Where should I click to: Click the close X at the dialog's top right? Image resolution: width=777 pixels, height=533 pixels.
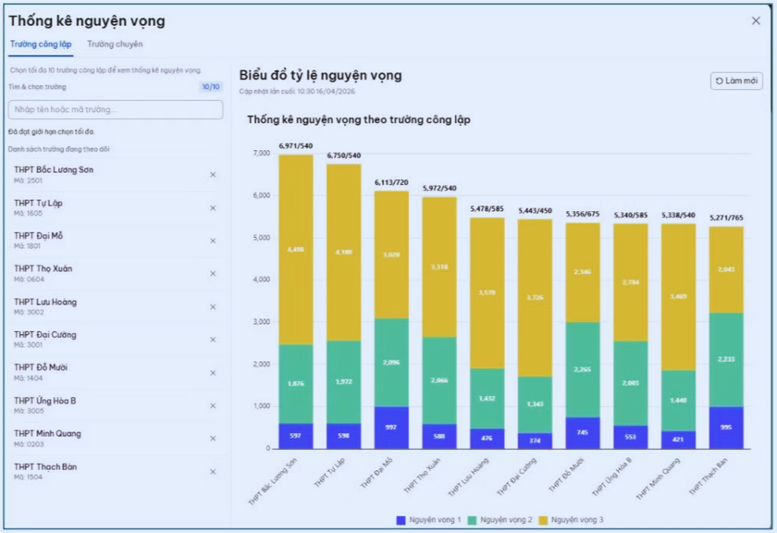point(756,20)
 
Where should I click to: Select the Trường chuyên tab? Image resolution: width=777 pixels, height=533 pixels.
point(115,43)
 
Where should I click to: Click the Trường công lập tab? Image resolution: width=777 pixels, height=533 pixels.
point(41,43)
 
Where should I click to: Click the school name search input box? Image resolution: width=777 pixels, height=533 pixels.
point(116,109)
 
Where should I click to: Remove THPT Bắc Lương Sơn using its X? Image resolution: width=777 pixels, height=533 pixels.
point(213,175)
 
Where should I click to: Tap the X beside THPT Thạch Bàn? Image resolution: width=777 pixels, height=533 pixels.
point(213,472)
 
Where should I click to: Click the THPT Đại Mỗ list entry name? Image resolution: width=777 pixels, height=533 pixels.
point(39,236)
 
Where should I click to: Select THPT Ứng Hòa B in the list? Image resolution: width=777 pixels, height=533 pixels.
point(45,401)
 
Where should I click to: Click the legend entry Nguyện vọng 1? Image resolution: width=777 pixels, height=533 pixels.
point(431,520)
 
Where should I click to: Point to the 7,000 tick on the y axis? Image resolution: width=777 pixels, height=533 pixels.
point(260,154)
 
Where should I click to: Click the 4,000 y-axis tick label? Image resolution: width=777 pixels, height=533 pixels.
point(260,279)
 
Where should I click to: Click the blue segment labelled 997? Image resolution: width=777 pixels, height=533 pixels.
point(391,428)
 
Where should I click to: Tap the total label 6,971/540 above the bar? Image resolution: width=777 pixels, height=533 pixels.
point(295,146)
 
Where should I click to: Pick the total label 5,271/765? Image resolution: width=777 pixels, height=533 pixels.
point(726,218)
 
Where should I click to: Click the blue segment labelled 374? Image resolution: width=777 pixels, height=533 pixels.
point(535,440)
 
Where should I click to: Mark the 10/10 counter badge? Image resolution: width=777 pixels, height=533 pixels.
point(211,87)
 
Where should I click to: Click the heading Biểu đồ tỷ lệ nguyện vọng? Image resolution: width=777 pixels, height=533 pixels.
point(320,75)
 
